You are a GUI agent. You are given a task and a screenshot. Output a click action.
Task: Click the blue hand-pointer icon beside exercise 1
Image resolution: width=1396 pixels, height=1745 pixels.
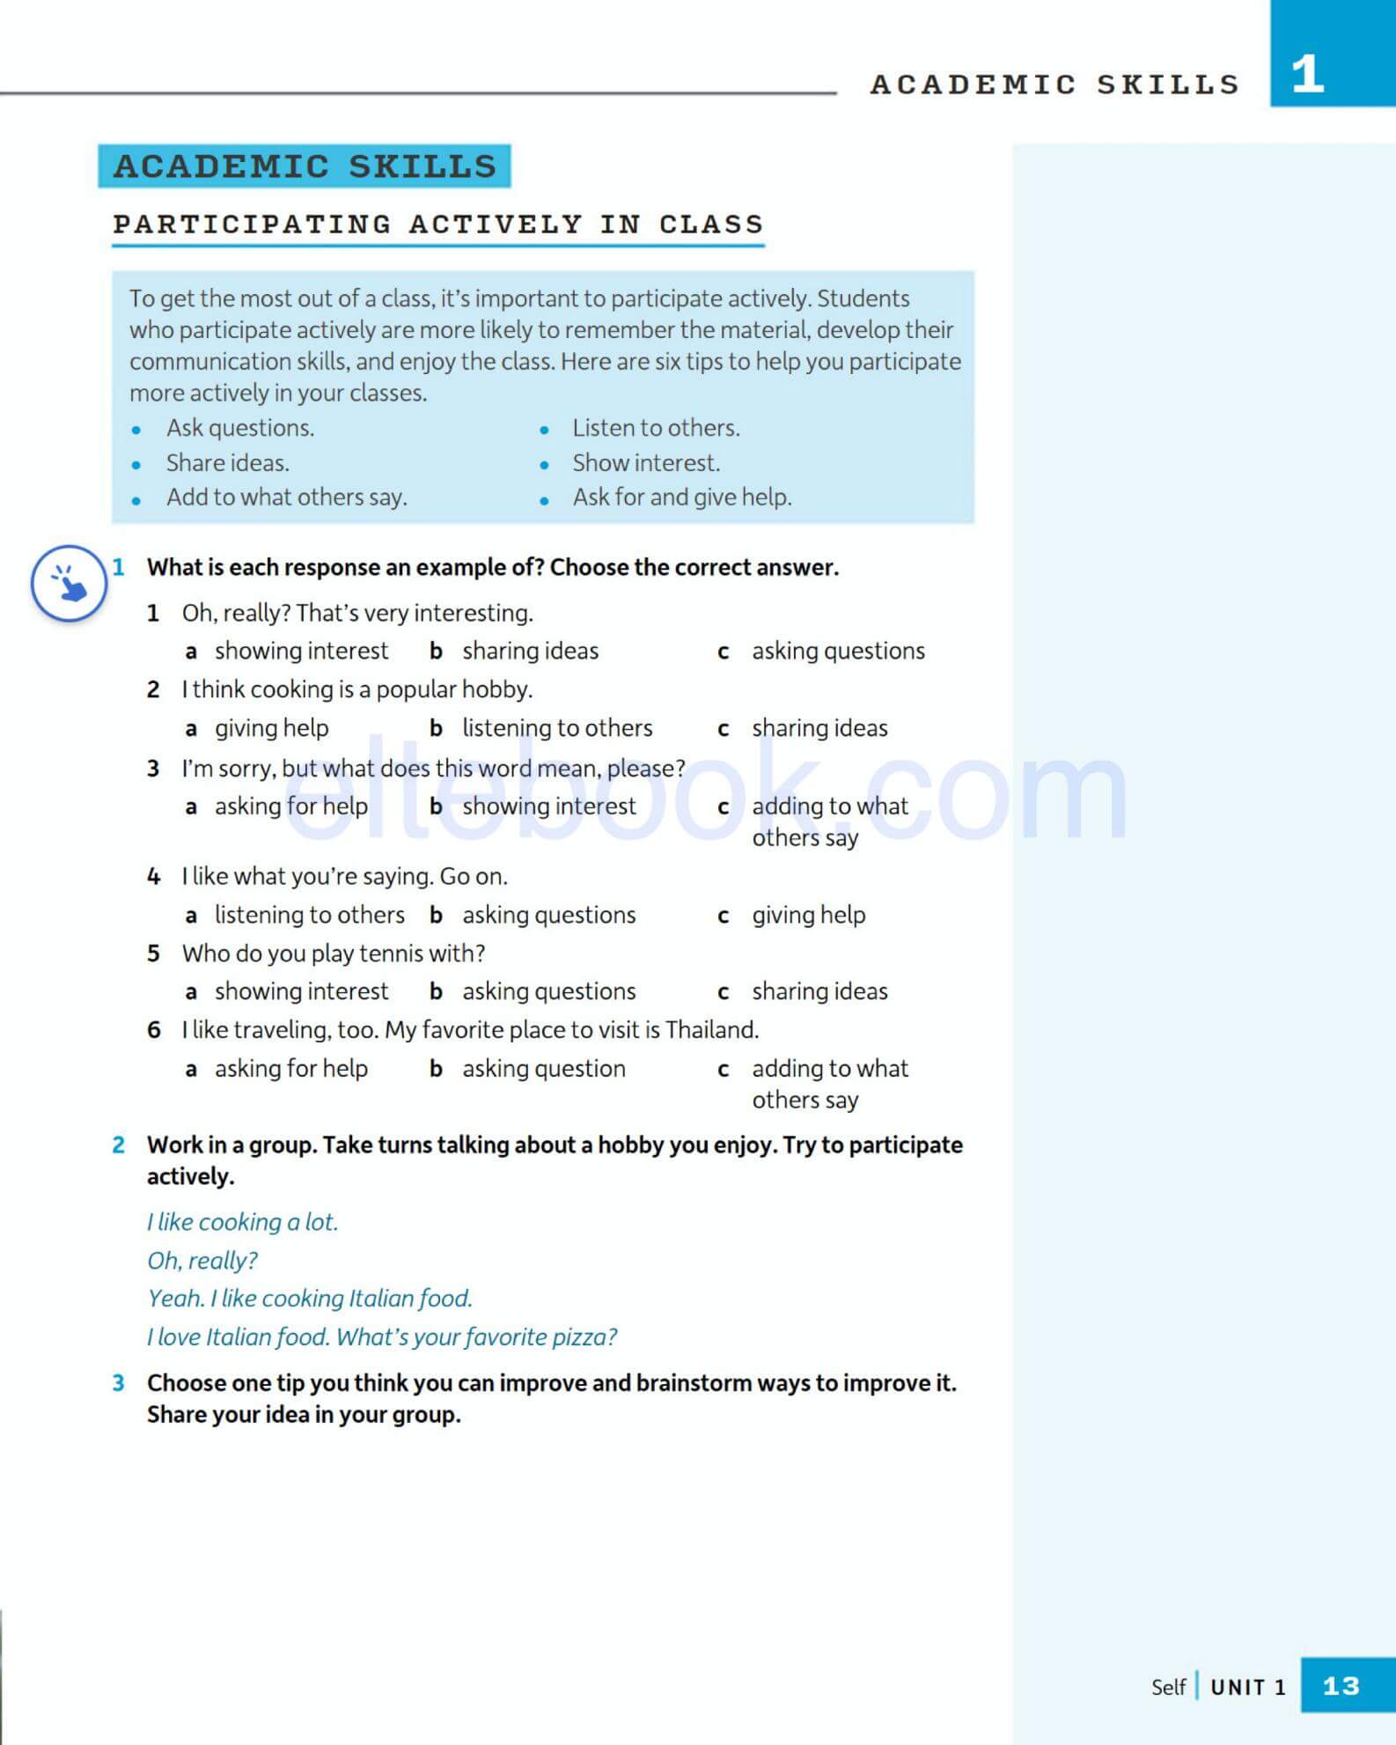[x=69, y=583]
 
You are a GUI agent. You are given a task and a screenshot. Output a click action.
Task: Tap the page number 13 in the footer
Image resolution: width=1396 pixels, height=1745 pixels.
[x=1341, y=1686]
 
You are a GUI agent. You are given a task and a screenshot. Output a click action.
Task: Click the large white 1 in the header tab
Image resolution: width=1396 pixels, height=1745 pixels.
[x=1308, y=74]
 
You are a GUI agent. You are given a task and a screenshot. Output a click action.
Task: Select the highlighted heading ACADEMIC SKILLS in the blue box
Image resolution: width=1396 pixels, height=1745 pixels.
[x=305, y=166]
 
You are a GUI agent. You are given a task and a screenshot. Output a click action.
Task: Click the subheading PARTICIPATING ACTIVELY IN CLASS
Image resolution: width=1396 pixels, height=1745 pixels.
[x=437, y=225]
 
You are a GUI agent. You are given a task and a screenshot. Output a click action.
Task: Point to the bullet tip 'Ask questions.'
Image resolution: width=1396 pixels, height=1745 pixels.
[x=240, y=428]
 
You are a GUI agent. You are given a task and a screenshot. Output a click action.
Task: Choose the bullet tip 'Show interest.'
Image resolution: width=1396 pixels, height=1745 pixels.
[x=645, y=463]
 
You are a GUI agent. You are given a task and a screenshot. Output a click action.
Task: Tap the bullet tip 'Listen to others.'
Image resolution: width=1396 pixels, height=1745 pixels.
[x=656, y=428]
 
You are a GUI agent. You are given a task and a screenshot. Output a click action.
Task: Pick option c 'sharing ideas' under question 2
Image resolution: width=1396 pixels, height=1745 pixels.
[x=819, y=728]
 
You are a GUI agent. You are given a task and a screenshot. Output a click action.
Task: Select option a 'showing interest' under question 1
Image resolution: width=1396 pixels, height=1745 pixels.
[x=301, y=651]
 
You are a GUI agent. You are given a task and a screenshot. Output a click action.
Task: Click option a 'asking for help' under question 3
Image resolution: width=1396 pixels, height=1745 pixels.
[x=290, y=806]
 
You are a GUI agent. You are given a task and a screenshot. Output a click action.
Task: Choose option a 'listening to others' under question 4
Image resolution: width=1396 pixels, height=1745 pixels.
[x=309, y=915]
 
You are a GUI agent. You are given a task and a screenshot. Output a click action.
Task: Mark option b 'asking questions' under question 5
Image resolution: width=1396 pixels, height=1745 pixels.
[x=548, y=991]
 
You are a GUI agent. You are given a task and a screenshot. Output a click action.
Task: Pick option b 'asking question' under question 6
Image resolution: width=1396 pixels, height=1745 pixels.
[x=543, y=1069]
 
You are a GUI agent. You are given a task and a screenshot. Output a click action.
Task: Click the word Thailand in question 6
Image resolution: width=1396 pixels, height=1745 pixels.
[x=710, y=1030]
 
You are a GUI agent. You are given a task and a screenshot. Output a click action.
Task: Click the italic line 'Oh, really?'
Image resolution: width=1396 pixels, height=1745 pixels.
[x=202, y=1261]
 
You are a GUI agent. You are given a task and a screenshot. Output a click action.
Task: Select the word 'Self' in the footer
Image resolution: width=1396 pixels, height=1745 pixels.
[x=1168, y=1687]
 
